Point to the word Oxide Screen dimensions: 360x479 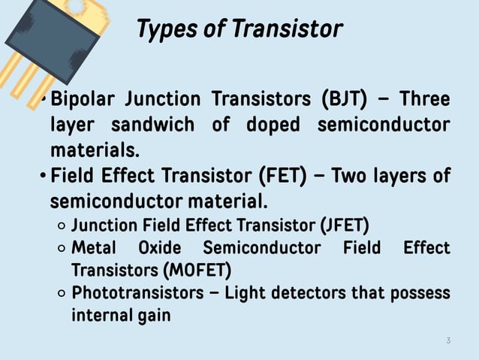click(x=159, y=247)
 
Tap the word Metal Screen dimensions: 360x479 click(x=93, y=247)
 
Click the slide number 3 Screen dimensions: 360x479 click(x=448, y=341)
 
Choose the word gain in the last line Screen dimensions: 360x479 click(x=153, y=315)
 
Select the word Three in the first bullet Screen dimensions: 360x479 click(x=425, y=99)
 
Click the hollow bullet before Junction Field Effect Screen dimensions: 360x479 click(x=61, y=225)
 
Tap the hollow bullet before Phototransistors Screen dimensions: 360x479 click(x=61, y=293)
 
